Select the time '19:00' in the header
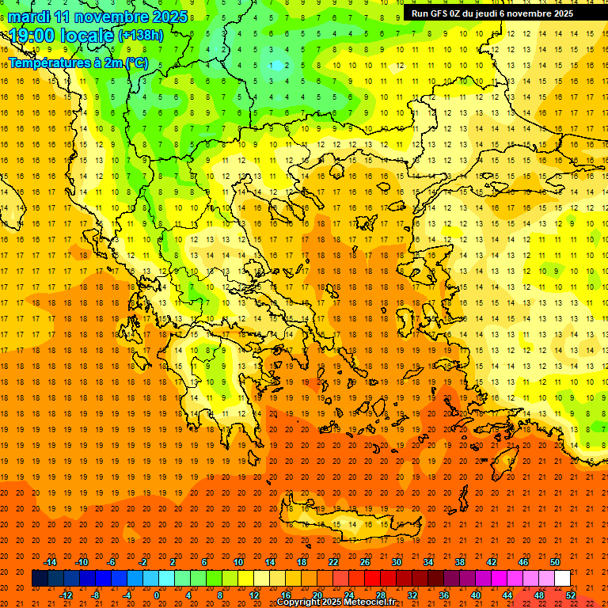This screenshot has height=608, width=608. [x=32, y=36]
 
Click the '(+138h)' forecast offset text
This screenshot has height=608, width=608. [x=141, y=36]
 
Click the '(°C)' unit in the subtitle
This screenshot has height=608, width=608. [x=136, y=63]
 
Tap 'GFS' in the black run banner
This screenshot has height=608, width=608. [x=441, y=13]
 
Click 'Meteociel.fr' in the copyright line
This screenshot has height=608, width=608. [x=367, y=602]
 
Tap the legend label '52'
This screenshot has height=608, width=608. [x=571, y=595]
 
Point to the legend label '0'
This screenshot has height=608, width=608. [x=156, y=595]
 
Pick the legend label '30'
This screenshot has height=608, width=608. [x=396, y=562]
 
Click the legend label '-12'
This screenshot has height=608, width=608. [x=66, y=595]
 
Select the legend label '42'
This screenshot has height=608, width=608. [x=491, y=562]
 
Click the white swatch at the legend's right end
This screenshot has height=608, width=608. [x=563, y=578]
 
